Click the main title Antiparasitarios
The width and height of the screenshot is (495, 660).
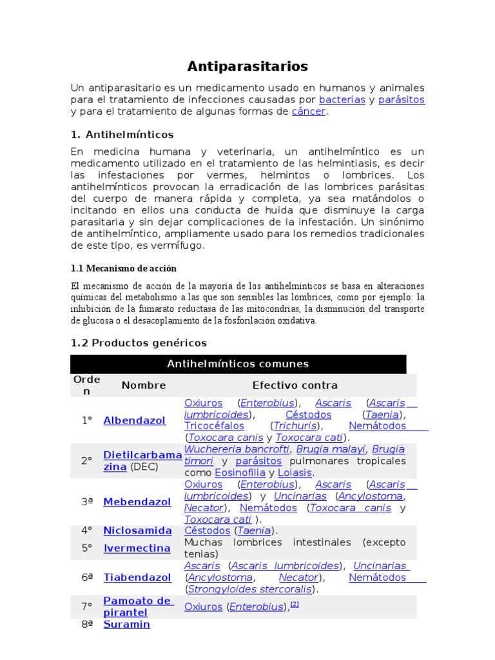[247, 66]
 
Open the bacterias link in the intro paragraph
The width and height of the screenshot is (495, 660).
[342, 100]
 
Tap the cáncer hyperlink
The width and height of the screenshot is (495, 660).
[309, 112]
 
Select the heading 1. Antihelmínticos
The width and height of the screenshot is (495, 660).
[122, 135]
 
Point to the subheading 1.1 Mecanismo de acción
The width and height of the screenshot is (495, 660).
[123, 268]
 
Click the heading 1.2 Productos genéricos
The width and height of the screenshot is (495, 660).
[139, 343]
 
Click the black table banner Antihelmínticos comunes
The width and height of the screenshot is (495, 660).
[238, 364]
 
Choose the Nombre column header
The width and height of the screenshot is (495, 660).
[144, 385]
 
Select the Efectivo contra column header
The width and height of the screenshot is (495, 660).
[295, 385]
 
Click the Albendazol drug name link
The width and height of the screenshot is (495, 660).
[134, 420]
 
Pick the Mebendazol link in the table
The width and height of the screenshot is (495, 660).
[137, 501]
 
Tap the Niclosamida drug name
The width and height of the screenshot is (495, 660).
[137, 530]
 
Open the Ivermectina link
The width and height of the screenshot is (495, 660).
[137, 548]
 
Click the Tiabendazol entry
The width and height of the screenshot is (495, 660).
[137, 577]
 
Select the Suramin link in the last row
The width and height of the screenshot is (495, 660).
[126, 624]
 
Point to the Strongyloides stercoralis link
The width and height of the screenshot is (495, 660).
[250, 589]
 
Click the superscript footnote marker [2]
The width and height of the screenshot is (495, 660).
[295, 604]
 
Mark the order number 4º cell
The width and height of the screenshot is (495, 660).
[87, 530]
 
